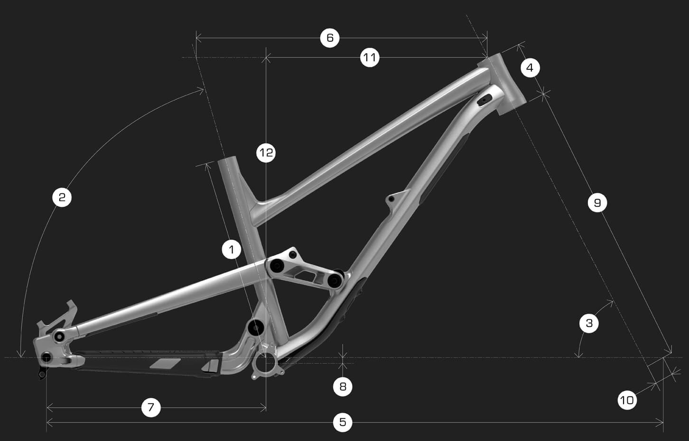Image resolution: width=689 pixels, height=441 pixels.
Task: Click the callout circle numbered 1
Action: pyautogui.click(x=232, y=249)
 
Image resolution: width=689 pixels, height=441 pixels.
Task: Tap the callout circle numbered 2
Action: pyautogui.click(x=62, y=197)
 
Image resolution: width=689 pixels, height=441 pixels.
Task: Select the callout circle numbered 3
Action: pyautogui.click(x=589, y=324)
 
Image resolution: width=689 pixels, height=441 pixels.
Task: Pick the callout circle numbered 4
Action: pyautogui.click(x=530, y=68)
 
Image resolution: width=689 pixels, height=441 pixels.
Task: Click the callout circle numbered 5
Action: pyautogui.click(x=343, y=422)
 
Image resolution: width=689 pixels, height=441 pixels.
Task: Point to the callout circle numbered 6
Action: pyautogui.click(x=330, y=38)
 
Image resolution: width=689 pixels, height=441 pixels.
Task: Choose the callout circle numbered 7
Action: pyautogui.click(x=151, y=407)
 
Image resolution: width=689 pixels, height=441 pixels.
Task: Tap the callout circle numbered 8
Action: pyautogui.click(x=343, y=387)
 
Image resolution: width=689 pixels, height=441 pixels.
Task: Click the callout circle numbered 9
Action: pyautogui.click(x=597, y=203)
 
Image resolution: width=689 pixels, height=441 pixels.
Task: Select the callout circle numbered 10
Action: pyautogui.click(x=627, y=400)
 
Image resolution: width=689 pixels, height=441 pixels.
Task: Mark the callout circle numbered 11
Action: pyautogui.click(x=370, y=58)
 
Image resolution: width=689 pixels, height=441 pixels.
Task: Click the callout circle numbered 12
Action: pyautogui.click(x=266, y=153)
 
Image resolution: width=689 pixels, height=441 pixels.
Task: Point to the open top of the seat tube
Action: pyautogui.click(x=227, y=160)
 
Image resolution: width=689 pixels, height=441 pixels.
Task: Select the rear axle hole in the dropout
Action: pyautogui.click(x=46, y=357)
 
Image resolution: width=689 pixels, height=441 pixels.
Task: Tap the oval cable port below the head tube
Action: pyautogui.click(x=485, y=99)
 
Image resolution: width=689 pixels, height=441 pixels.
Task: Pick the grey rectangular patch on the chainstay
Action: pyautogui.click(x=166, y=364)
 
